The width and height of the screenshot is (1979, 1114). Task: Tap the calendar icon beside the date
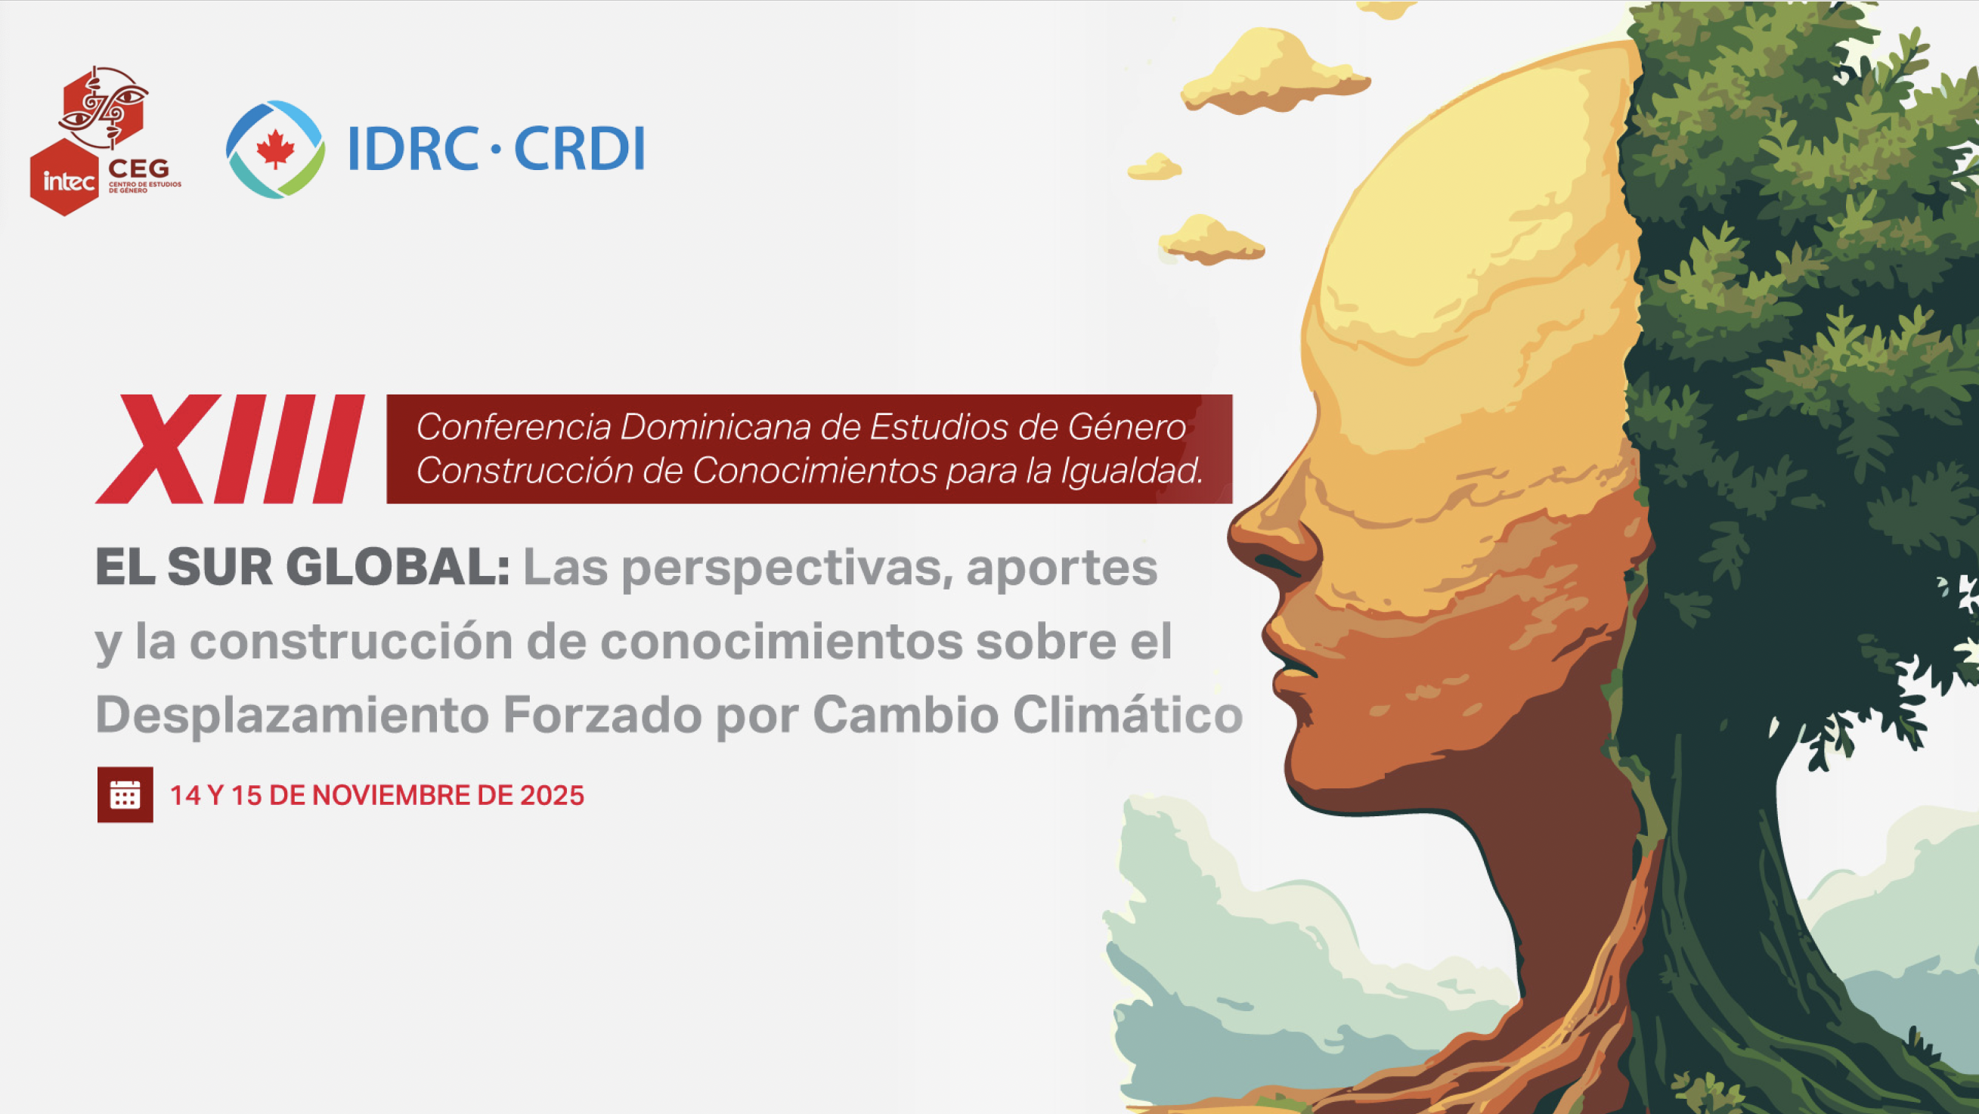[125, 794]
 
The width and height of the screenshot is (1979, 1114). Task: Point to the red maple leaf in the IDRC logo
[275, 149]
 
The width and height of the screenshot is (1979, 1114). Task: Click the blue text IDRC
[413, 148]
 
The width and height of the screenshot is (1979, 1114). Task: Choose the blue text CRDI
[579, 148]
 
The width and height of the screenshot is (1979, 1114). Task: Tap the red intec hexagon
[64, 178]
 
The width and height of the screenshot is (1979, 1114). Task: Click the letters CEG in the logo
[139, 169]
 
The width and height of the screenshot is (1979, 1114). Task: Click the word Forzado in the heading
[602, 715]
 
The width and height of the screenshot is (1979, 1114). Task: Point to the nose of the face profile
[1260, 538]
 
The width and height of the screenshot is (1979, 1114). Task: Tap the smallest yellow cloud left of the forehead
[1154, 167]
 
